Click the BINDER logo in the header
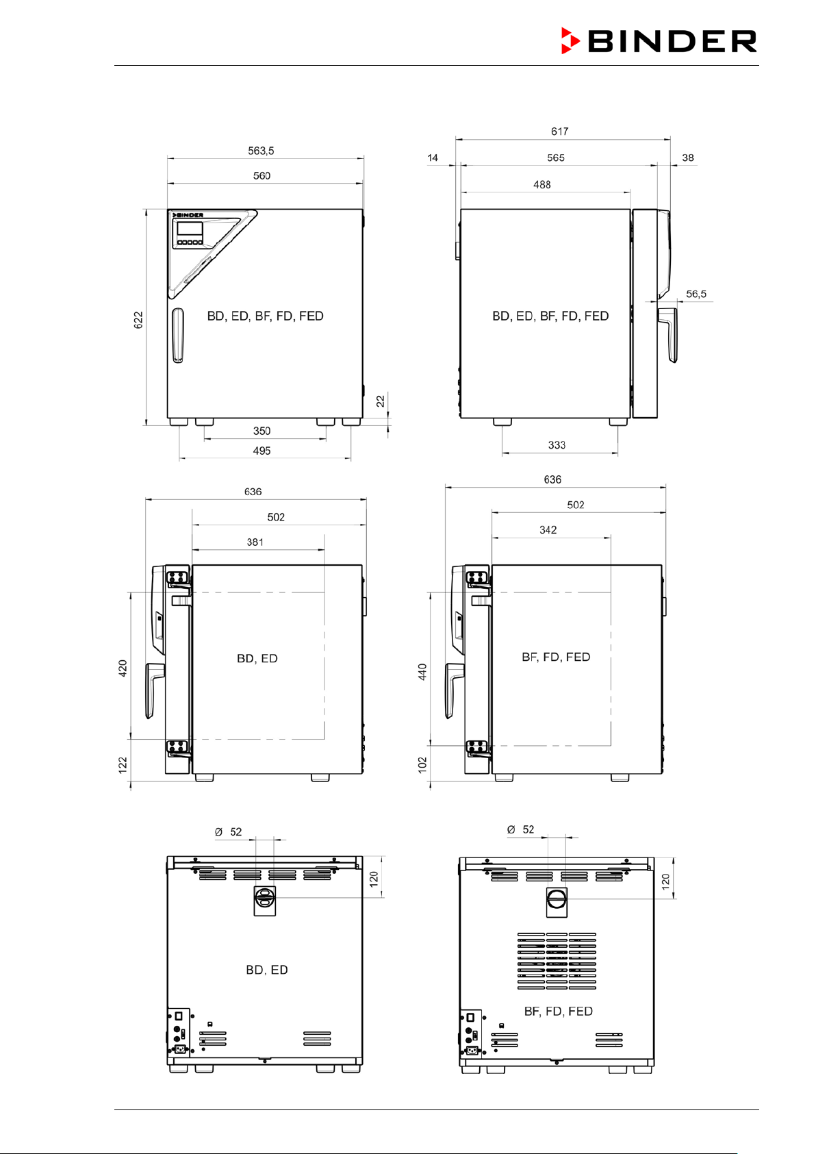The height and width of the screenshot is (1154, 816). pos(659,40)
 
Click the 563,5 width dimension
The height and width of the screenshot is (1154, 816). pos(261,151)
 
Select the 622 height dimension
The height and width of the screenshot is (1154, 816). pos(138,320)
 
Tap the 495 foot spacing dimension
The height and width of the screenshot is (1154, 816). pos(262,451)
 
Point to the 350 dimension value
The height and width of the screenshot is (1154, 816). pos(262,431)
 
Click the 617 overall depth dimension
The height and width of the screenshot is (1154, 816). pos(559,131)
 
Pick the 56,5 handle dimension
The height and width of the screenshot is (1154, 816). pos(696,294)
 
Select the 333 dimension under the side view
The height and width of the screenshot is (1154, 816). pos(557,445)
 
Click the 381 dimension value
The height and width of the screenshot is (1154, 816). pos(255,542)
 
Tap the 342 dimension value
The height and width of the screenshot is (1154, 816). pos(548,529)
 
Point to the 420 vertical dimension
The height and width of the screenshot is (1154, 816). pos(123,668)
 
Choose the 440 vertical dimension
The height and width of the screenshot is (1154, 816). pos(422,672)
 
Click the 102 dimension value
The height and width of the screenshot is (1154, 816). pos(422,765)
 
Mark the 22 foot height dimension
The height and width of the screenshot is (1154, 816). pos(380,401)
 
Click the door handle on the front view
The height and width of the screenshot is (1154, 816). pos(177,336)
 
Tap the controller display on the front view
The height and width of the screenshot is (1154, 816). pos(190,229)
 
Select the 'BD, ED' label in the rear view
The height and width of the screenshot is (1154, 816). pos(267,970)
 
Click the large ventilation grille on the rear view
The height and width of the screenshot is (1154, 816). pos(557,961)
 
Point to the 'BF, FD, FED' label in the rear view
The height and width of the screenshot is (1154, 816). pos(558,1012)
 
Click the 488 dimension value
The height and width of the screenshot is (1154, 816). pos(541,184)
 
